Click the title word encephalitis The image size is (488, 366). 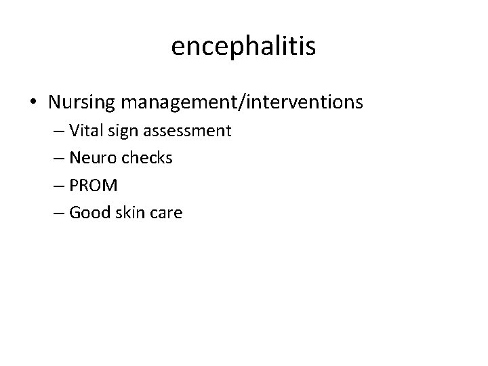click(244, 46)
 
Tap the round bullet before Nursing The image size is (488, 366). click(33, 103)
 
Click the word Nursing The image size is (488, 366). click(81, 103)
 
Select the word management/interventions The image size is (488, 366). click(241, 103)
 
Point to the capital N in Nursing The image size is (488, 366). click(56, 103)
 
